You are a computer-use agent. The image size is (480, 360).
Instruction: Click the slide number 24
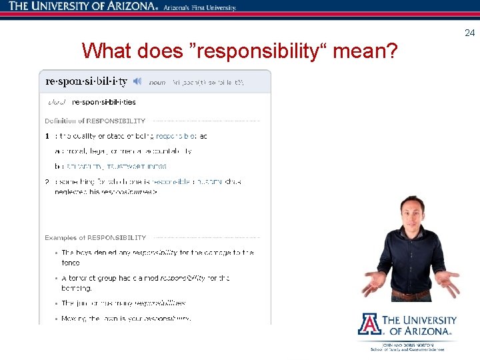click(x=469, y=33)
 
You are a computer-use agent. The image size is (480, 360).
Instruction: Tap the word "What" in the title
click(x=107, y=51)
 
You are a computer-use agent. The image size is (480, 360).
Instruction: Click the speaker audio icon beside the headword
click(x=137, y=81)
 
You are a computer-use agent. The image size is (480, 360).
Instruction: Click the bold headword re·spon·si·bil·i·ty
click(x=86, y=81)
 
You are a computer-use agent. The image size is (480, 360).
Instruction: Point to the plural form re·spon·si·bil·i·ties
click(x=103, y=102)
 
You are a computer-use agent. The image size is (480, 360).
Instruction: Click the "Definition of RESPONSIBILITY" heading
click(x=95, y=121)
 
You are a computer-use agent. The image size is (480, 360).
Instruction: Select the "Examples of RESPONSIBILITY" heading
click(x=95, y=237)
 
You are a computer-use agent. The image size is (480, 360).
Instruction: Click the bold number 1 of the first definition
click(x=47, y=136)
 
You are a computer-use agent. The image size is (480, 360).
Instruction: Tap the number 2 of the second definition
click(x=47, y=181)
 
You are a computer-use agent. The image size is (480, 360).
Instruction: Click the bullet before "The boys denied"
click(x=55, y=253)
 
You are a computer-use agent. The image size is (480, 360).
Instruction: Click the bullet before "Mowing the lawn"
click(x=55, y=319)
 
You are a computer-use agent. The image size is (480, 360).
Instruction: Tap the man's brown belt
click(x=411, y=293)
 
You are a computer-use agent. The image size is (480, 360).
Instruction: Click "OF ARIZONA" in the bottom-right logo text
click(x=423, y=331)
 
